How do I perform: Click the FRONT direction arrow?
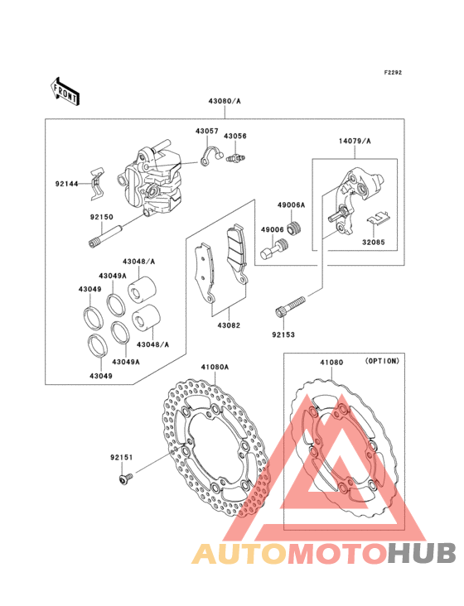pos(65,91)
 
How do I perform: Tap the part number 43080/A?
pos(225,101)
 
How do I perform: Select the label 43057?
pos(207,132)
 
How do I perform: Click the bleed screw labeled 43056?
pos(235,157)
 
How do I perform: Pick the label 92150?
pos(102,217)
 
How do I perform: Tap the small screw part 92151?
pos(125,479)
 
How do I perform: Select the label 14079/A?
pos(355,141)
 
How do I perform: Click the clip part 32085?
pos(378,219)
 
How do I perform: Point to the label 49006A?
pos(291,204)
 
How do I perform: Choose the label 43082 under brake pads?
pos(229,325)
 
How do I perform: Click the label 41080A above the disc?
pos(215,367)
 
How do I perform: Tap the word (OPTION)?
pos(382,361)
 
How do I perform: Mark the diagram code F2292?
pos(393,72)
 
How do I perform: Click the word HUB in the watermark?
pos(423,553)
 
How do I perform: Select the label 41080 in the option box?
pos(331,363)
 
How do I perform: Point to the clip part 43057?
pos(210,156)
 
